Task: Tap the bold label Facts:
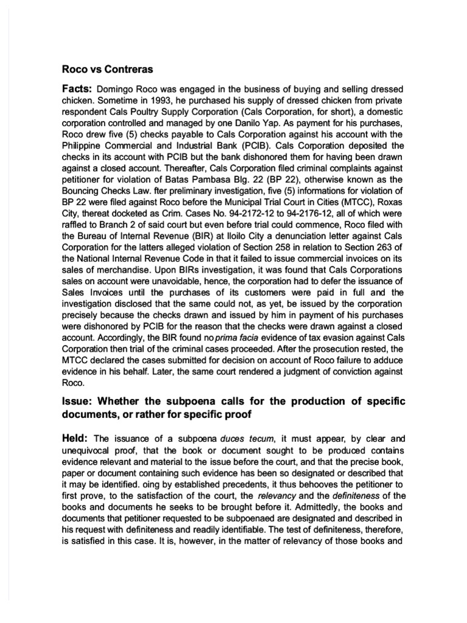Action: pyautogui.click(x=77, y=90)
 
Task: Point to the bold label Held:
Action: pyautogui.click(x=76, y=439)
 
